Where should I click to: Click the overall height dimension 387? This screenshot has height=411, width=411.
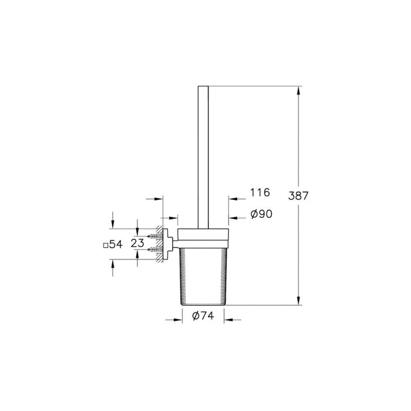click(298, 196)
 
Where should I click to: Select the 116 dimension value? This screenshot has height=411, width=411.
click(259, 192)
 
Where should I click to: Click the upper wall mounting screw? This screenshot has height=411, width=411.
click(155, 237)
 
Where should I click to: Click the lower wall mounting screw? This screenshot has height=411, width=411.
click(155, 250)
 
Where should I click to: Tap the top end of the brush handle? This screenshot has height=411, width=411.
click(203, 88)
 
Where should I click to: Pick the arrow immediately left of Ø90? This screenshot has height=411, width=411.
click(233, 218)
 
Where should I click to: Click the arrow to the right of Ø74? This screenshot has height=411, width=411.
click(230, 320)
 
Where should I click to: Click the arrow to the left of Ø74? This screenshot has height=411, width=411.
click(175, 320)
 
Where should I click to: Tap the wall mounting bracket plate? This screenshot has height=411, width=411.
click(167, 243)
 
